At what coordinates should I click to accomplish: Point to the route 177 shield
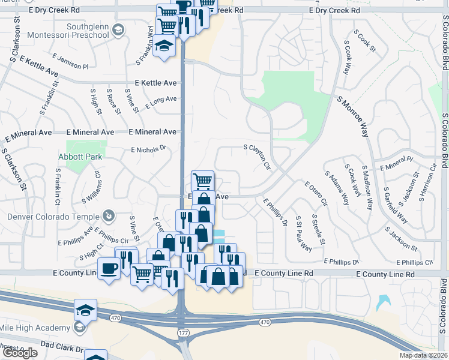pyautogui.click(x=182, y=331)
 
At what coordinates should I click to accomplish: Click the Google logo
pyautogui.click(x=19, y=353)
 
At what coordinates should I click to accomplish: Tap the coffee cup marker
pyautogui.click(x=109, y=269)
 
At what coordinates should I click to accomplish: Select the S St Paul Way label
pyautogui.click(x=304, y=233)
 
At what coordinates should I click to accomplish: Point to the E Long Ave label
pyautogui.click(x=161, y=100)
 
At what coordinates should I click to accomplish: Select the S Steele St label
pyautogui.click(x=318, y=229)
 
